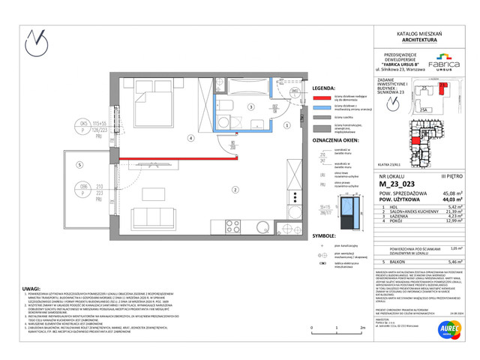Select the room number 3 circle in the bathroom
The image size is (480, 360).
[251, 108]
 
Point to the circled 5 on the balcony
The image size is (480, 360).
[77, 164]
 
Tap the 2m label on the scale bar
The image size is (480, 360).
[362, 328]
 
